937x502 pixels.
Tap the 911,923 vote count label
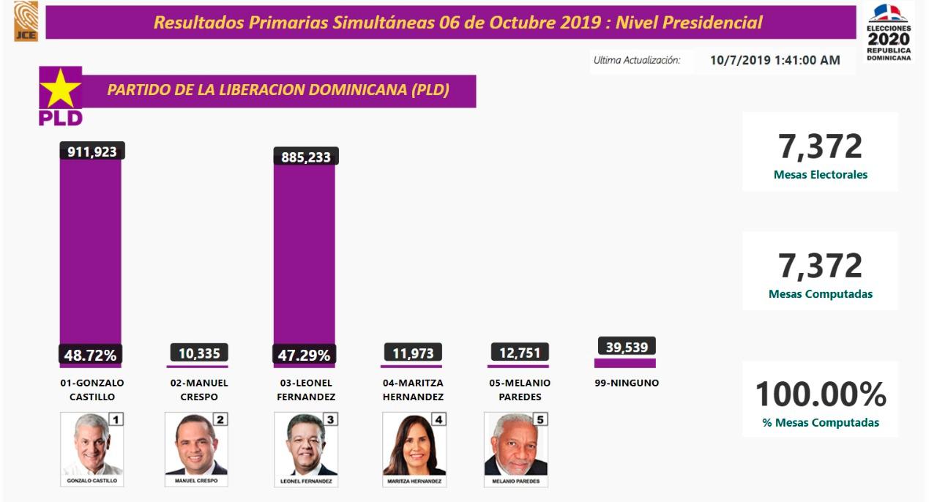(x=92, y=151)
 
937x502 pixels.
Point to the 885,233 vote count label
(x=306, y=157)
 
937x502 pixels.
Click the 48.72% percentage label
(x=90, y=355)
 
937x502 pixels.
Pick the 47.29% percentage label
(x=304, y=355)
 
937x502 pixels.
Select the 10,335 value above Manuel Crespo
(x=199, y=353)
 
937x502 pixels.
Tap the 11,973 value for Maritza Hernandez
(x=412, y=353)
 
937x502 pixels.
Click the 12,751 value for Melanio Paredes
(x=519, y=352)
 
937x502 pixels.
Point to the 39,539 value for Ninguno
(x=627, y=347)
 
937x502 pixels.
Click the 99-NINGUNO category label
(x=627, y=383)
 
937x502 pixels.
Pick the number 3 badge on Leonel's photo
(x=330, y=419)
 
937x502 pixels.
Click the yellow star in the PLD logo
(x=60, y=89)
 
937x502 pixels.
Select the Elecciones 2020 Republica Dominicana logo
(x=888, y=31)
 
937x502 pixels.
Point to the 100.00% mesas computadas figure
(x=820, y=395)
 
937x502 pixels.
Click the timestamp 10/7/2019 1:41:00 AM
(x=774, y=60)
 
